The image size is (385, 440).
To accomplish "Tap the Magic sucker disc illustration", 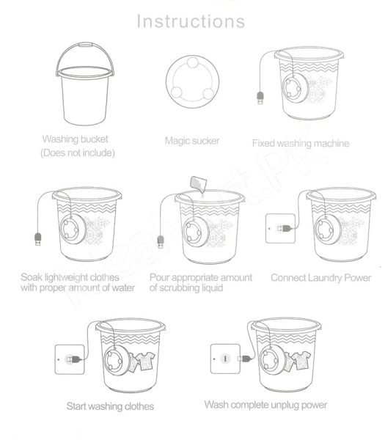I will [x=193, y=83].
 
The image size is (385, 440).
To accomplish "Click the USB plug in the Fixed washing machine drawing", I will [x=260, y=98].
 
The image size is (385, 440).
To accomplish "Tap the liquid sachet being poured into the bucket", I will [x=195, y=183].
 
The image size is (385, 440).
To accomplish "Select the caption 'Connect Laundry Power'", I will [x=320, y=278].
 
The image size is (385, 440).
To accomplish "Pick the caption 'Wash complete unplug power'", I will [x=265, y=405].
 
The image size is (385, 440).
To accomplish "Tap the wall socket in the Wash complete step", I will [x=226, y=359].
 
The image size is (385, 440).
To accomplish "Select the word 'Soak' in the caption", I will [x=33, y=278].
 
